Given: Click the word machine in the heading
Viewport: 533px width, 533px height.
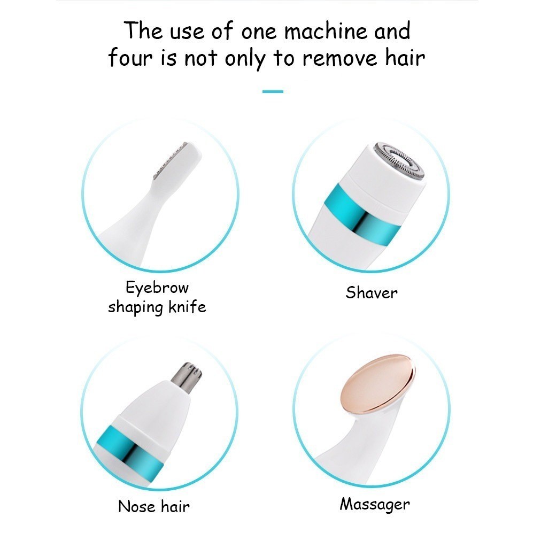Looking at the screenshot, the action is point(326,31).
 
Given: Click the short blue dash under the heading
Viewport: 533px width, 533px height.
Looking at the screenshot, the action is point(273,91).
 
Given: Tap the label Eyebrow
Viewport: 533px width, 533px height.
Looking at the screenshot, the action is point(157,288).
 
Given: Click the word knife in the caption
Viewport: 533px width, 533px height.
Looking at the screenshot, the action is point(187,307).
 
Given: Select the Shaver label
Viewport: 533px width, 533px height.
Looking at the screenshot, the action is point(372,293).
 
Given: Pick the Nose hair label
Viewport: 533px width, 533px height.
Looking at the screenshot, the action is point(153,506).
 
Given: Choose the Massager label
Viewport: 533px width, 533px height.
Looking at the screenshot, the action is point(375,505).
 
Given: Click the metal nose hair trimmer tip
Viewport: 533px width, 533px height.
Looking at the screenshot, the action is point(187,377).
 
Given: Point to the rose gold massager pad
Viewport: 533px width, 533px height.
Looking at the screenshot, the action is point(377,384).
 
